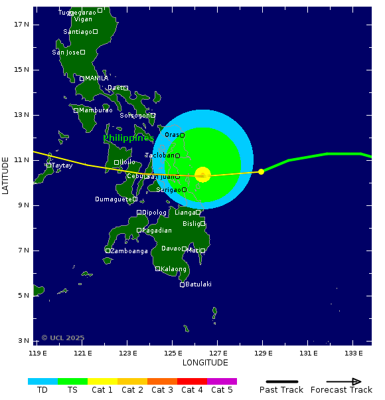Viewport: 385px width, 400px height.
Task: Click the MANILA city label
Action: coord(96,78)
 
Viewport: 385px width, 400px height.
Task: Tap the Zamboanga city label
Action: coord(129,251)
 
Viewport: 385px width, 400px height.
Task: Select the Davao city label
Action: coord(171,249)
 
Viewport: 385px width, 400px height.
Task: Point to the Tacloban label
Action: coord(159,155)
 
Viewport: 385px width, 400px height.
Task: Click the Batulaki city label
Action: coord(198,284)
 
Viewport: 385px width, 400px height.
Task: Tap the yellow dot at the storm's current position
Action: coord(261,171)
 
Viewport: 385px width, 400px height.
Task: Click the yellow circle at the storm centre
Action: coord(203,175)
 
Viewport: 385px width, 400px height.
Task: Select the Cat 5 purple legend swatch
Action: coord(222,381)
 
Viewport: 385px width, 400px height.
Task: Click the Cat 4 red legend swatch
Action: coord(192,381)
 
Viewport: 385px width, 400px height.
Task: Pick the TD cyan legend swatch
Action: coord(42,381)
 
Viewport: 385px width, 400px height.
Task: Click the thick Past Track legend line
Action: coord(281,381)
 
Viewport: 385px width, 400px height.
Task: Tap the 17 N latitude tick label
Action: coord(21,25)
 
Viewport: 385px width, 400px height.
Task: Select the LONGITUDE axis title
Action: coord(205,363)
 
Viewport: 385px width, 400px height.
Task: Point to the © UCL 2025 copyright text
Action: coord(63,338)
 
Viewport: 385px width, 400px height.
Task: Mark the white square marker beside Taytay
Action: coord(48,165)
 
